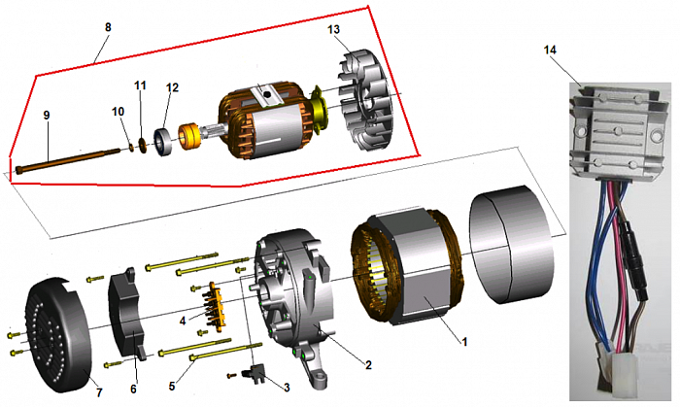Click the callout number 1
tap(465, 342)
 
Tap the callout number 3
tap(288, 388)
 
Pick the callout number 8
tap(107, 26)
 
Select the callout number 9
tap(46, 114)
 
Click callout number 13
tap(333, 30)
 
